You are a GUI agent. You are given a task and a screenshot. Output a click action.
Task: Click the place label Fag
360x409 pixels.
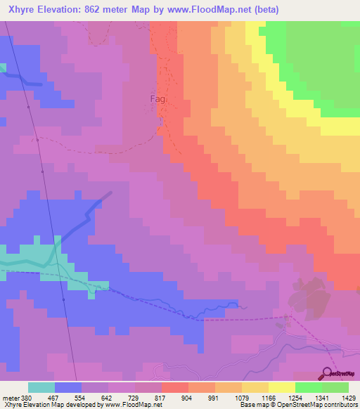(x=158, y=99)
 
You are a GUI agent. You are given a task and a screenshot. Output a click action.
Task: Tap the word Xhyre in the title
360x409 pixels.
(x=23, y=10)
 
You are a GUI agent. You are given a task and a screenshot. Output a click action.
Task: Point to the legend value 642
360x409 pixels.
(x=107, y=397)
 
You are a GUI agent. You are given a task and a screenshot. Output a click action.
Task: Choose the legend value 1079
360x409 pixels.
(x=241, y=397)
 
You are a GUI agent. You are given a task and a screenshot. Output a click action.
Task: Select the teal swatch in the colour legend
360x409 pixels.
(x=41, y=387)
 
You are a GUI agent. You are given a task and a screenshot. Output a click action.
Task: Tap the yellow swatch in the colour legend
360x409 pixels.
(x=281, y=387)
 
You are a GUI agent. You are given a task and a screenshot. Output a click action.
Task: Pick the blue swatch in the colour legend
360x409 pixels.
(x=68, y=387)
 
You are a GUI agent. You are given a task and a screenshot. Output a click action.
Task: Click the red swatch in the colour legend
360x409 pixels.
(x=174, y=387)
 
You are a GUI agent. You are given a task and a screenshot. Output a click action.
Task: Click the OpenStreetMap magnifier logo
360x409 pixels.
(x=328, y=373)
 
